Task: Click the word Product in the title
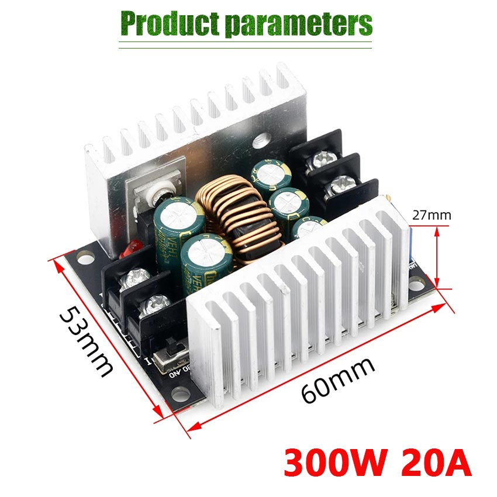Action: pyautogui.click(x=169, y=23)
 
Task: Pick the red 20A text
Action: pyautogui.click(x=436, y=462)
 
